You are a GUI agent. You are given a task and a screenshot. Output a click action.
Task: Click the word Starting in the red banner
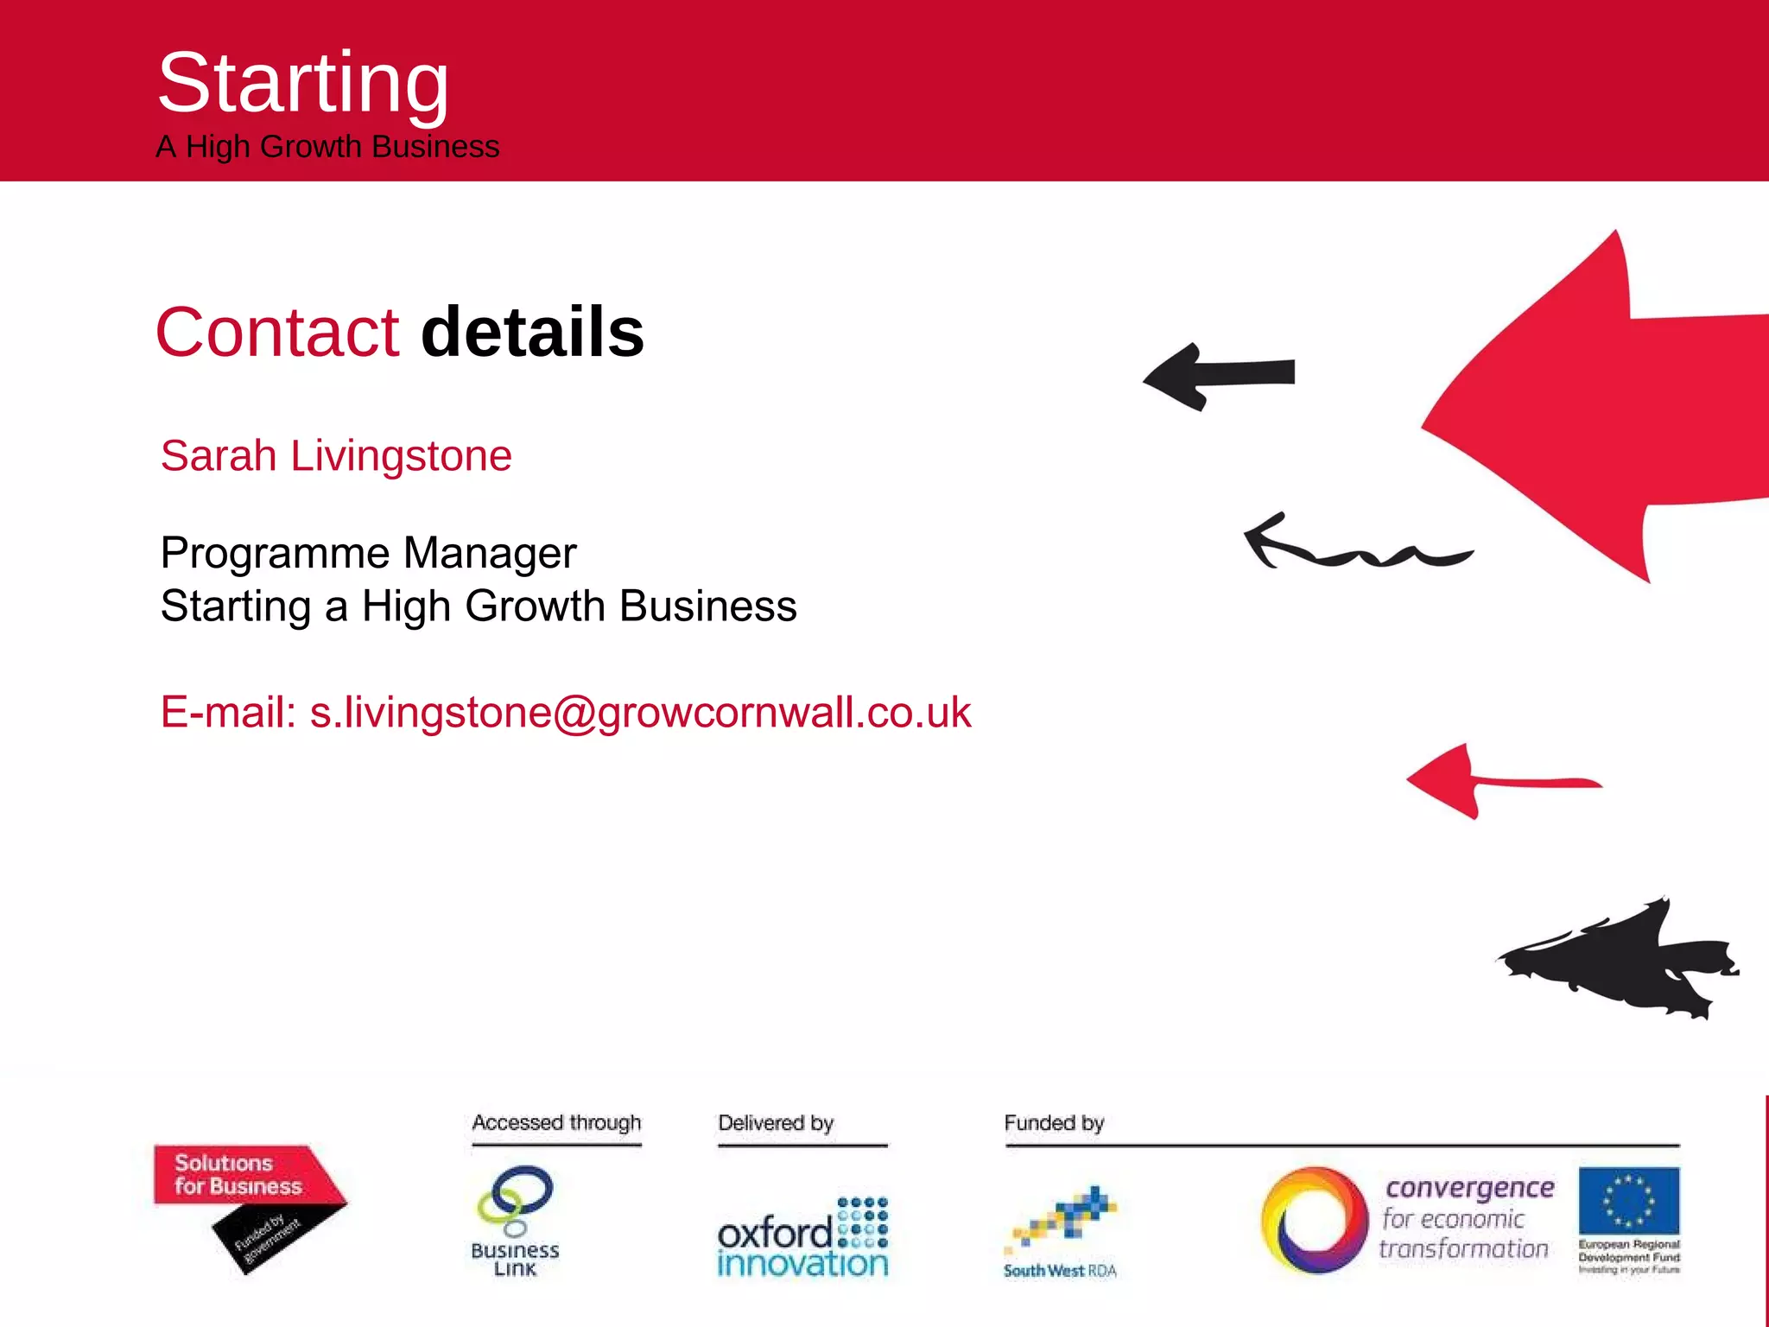coord(303,83)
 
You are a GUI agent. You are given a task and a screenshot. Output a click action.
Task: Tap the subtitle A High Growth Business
coord(327,147)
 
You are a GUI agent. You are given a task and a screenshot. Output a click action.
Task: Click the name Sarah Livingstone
coord(336,455)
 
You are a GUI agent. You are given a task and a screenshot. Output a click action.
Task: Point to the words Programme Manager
coord(368,553)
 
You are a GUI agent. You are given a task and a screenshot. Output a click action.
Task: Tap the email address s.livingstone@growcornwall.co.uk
coord(640,713)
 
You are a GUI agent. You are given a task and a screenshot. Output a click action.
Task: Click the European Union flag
coord(1628,1200)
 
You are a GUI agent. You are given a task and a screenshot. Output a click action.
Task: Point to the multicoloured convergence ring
coord(1314,1220)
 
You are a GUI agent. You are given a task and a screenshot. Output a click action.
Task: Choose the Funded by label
coord(1054,1123)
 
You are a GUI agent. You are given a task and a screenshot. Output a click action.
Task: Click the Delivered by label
coord(776,1123)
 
